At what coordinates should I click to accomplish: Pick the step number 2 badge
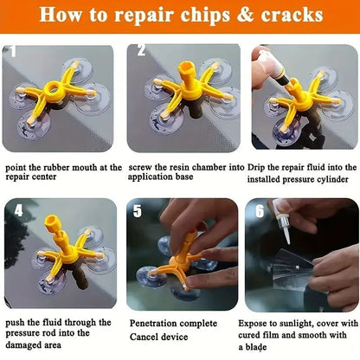click(139, 51)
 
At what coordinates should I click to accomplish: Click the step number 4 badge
click(18, 210)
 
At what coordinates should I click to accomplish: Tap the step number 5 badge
click(138, 210)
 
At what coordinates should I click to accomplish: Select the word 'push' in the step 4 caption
click(17, 323)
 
